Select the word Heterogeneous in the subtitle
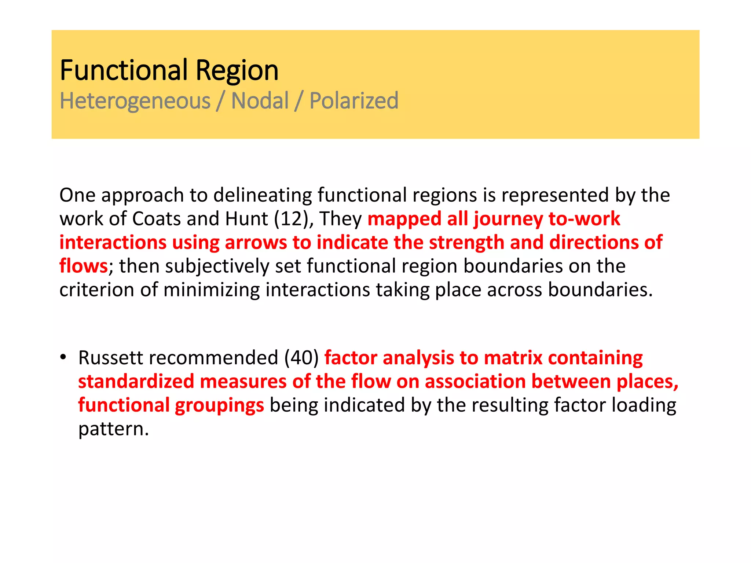tap(135, 101)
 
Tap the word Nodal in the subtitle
tap(260, 101)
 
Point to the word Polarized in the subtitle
tap(354, 101)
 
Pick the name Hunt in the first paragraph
tap(246, 219)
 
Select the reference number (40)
tap(301, 358)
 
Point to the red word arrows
tap(256, 243)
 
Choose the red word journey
tap(508, 220)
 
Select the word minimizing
tap(212, 290)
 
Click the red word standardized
tap(136, 382)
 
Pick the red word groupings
tap(219, 406)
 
